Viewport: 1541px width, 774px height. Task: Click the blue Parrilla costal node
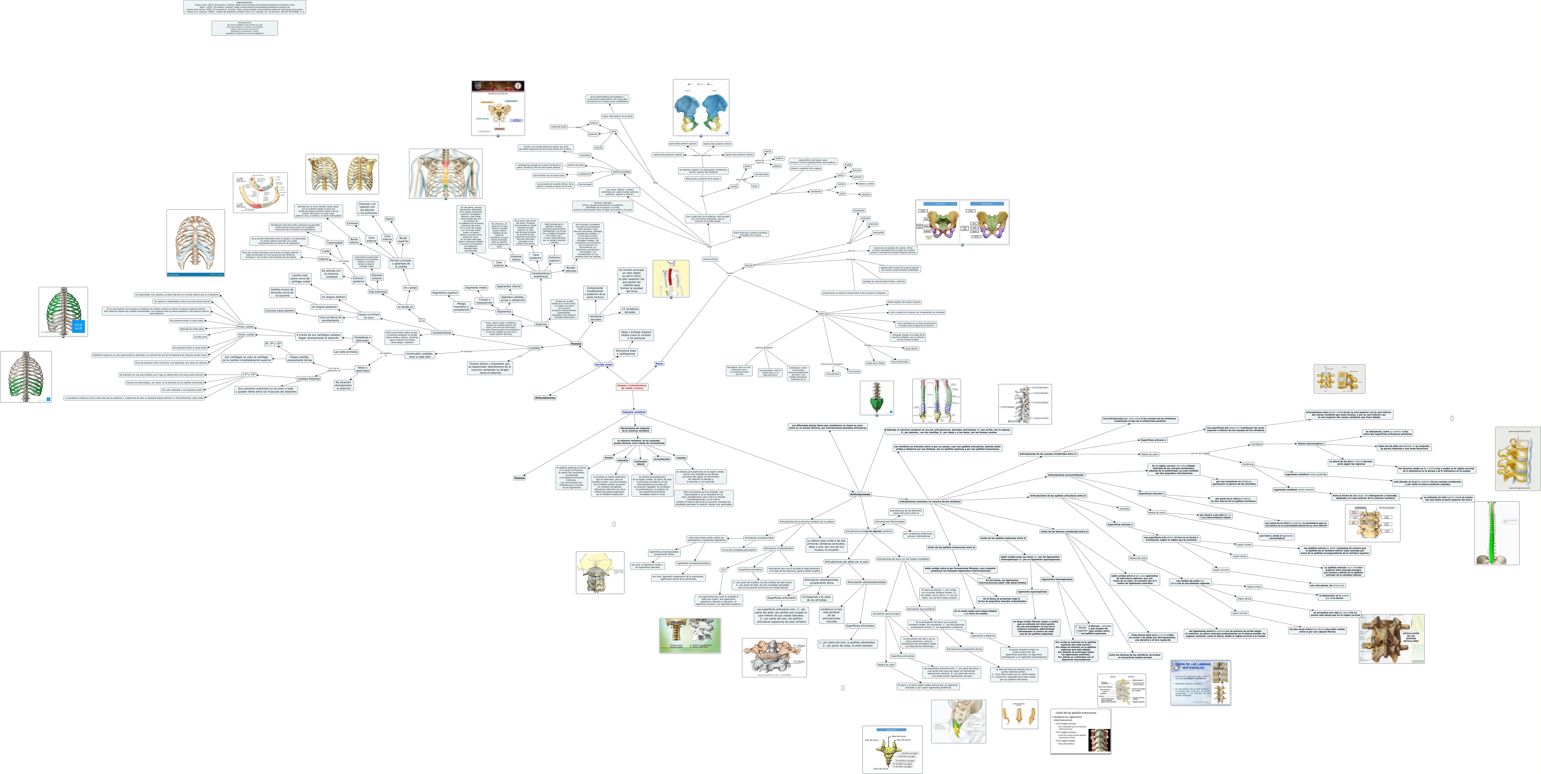tap(604, 364)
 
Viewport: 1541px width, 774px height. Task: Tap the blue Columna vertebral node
tap(634, 412)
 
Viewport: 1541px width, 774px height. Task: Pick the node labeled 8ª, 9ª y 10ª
tap(273, 344)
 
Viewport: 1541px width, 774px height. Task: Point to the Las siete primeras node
tap(346, 352)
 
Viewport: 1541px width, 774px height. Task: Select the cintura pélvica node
tap(710, 259)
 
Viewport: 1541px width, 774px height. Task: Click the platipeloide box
tap(858, 210)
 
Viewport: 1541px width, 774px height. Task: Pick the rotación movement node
tap(681, 458)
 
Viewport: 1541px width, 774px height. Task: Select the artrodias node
tap(1124, 509)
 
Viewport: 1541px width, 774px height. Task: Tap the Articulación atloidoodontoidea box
tap(866, 581)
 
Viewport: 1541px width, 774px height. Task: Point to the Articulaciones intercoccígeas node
tap(890, 521)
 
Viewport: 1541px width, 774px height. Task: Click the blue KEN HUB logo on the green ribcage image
tap(78, 326)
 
